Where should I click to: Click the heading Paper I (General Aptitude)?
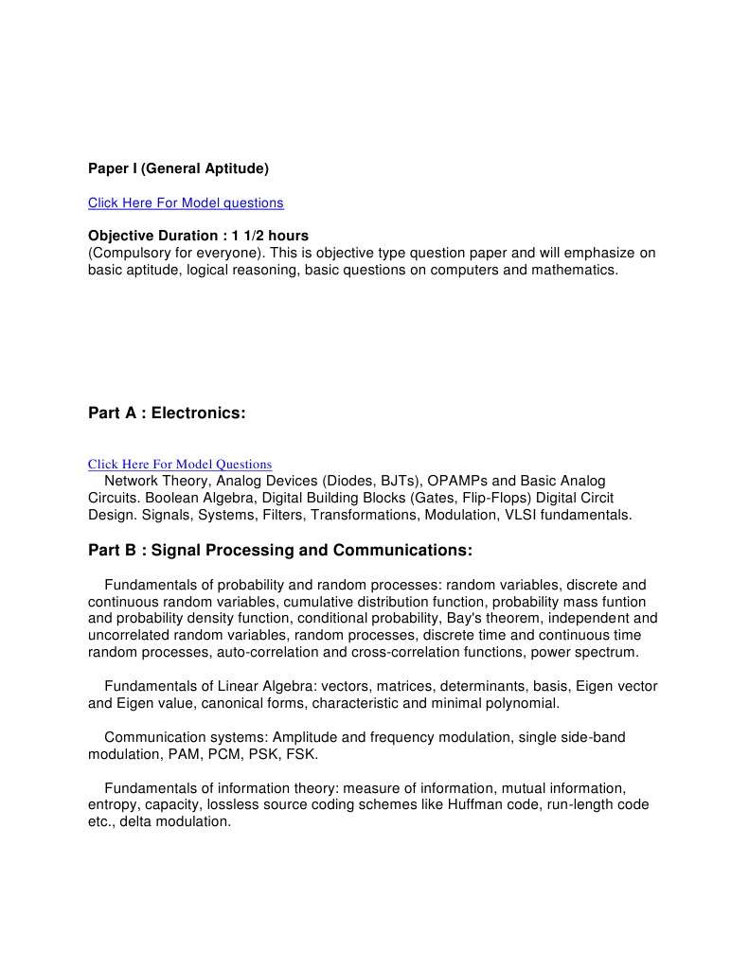point(178,168)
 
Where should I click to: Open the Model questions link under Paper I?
point(186,202)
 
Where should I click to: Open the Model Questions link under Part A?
point(180,465)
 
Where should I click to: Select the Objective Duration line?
point(198,235)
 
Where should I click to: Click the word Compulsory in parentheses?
point(129,253)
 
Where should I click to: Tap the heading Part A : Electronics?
point(167,413)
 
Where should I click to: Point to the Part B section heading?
point(279,550)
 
